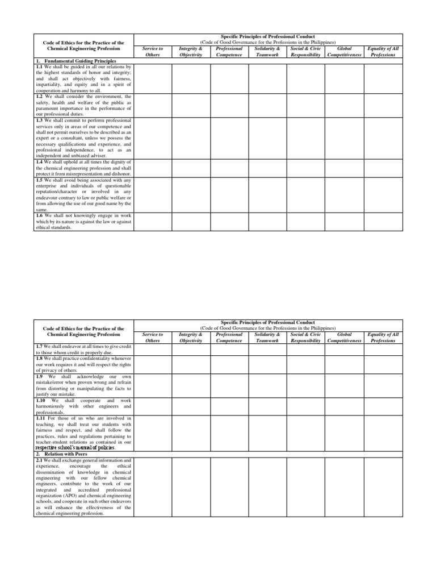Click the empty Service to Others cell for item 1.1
tap(153, 78)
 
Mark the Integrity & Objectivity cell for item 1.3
tap(191, 138)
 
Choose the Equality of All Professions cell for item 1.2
tap(383, 105)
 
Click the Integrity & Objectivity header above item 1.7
tap(191, 338)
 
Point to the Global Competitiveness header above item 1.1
tap(344, 52)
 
